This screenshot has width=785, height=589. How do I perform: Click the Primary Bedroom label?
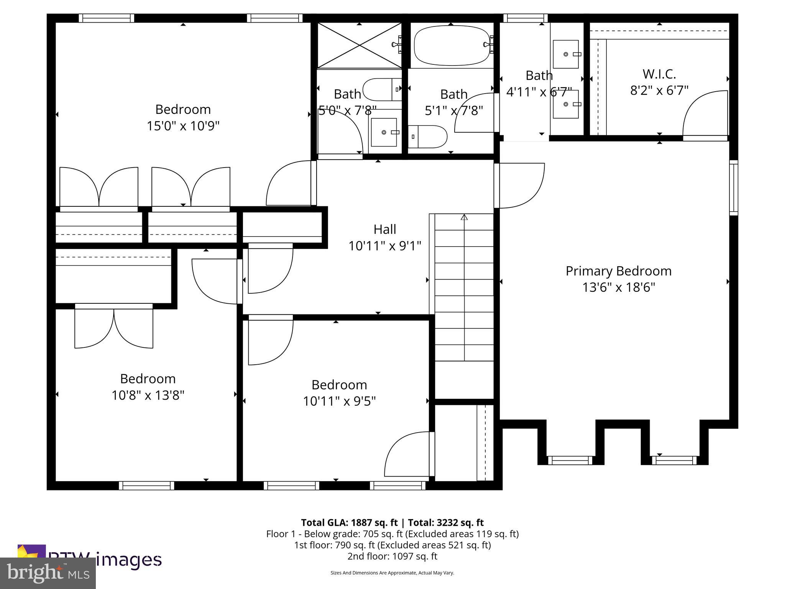[618, 271]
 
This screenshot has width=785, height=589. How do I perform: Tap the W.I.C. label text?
[659, 74]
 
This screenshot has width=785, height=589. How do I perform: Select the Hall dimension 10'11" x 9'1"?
[384, 246]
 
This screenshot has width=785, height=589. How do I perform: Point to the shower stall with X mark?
[359, 46]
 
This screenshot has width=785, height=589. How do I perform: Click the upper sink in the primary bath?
[566, 54]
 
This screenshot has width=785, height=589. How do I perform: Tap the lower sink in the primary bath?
[566, 104]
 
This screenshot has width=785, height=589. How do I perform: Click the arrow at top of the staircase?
[464, 217]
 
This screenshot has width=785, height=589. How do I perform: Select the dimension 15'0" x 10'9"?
[183, 126]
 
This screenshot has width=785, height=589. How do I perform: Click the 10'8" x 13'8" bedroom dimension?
[148, 395]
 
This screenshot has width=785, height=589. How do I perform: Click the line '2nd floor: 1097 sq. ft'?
[392, 556]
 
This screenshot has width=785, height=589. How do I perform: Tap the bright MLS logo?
[48, 573]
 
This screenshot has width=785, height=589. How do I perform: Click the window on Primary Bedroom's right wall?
[733, 188]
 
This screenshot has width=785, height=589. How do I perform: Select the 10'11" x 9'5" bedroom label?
[339, 385]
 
